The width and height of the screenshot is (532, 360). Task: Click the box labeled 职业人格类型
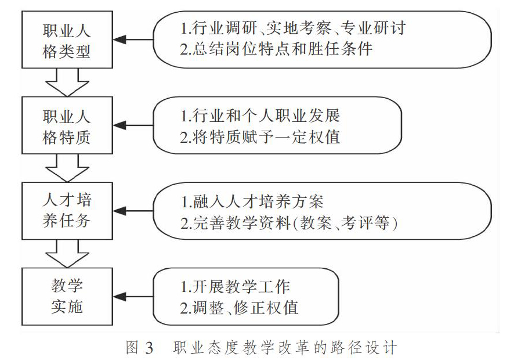tap(67, 39)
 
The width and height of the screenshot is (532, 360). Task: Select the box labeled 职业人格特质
tap(67, 125)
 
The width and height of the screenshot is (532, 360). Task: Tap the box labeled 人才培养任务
tap(67, 211)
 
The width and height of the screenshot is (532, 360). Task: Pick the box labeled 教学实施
tap(67, 297)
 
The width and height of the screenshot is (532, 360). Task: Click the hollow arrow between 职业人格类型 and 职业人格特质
tap(67, 82)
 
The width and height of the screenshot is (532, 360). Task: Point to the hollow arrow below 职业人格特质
tap(67, 168)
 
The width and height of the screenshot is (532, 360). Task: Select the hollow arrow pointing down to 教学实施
tap(67, 254)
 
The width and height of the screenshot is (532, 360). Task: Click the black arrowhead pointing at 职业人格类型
tap(120, 39)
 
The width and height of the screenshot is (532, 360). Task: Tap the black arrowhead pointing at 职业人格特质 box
tap(120, 125)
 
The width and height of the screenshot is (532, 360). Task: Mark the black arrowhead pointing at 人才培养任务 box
tap(120, 211)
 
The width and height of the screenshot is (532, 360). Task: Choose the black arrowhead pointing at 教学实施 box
tap(120, 297)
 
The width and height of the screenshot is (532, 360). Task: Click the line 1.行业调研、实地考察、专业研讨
tap(293, 28)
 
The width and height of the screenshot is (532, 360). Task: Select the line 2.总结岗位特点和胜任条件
tap(276, 49)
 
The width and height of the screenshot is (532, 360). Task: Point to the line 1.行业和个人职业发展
tap(260, 116)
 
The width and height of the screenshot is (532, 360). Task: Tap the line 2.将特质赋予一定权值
tap(260, 137)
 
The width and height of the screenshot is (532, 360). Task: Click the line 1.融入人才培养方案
tap(252, 201)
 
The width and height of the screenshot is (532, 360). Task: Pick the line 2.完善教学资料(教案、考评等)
tap(289, 223)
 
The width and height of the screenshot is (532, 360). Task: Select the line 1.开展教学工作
tap(235, 287)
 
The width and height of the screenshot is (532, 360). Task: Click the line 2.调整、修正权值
tap(239, 308)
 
